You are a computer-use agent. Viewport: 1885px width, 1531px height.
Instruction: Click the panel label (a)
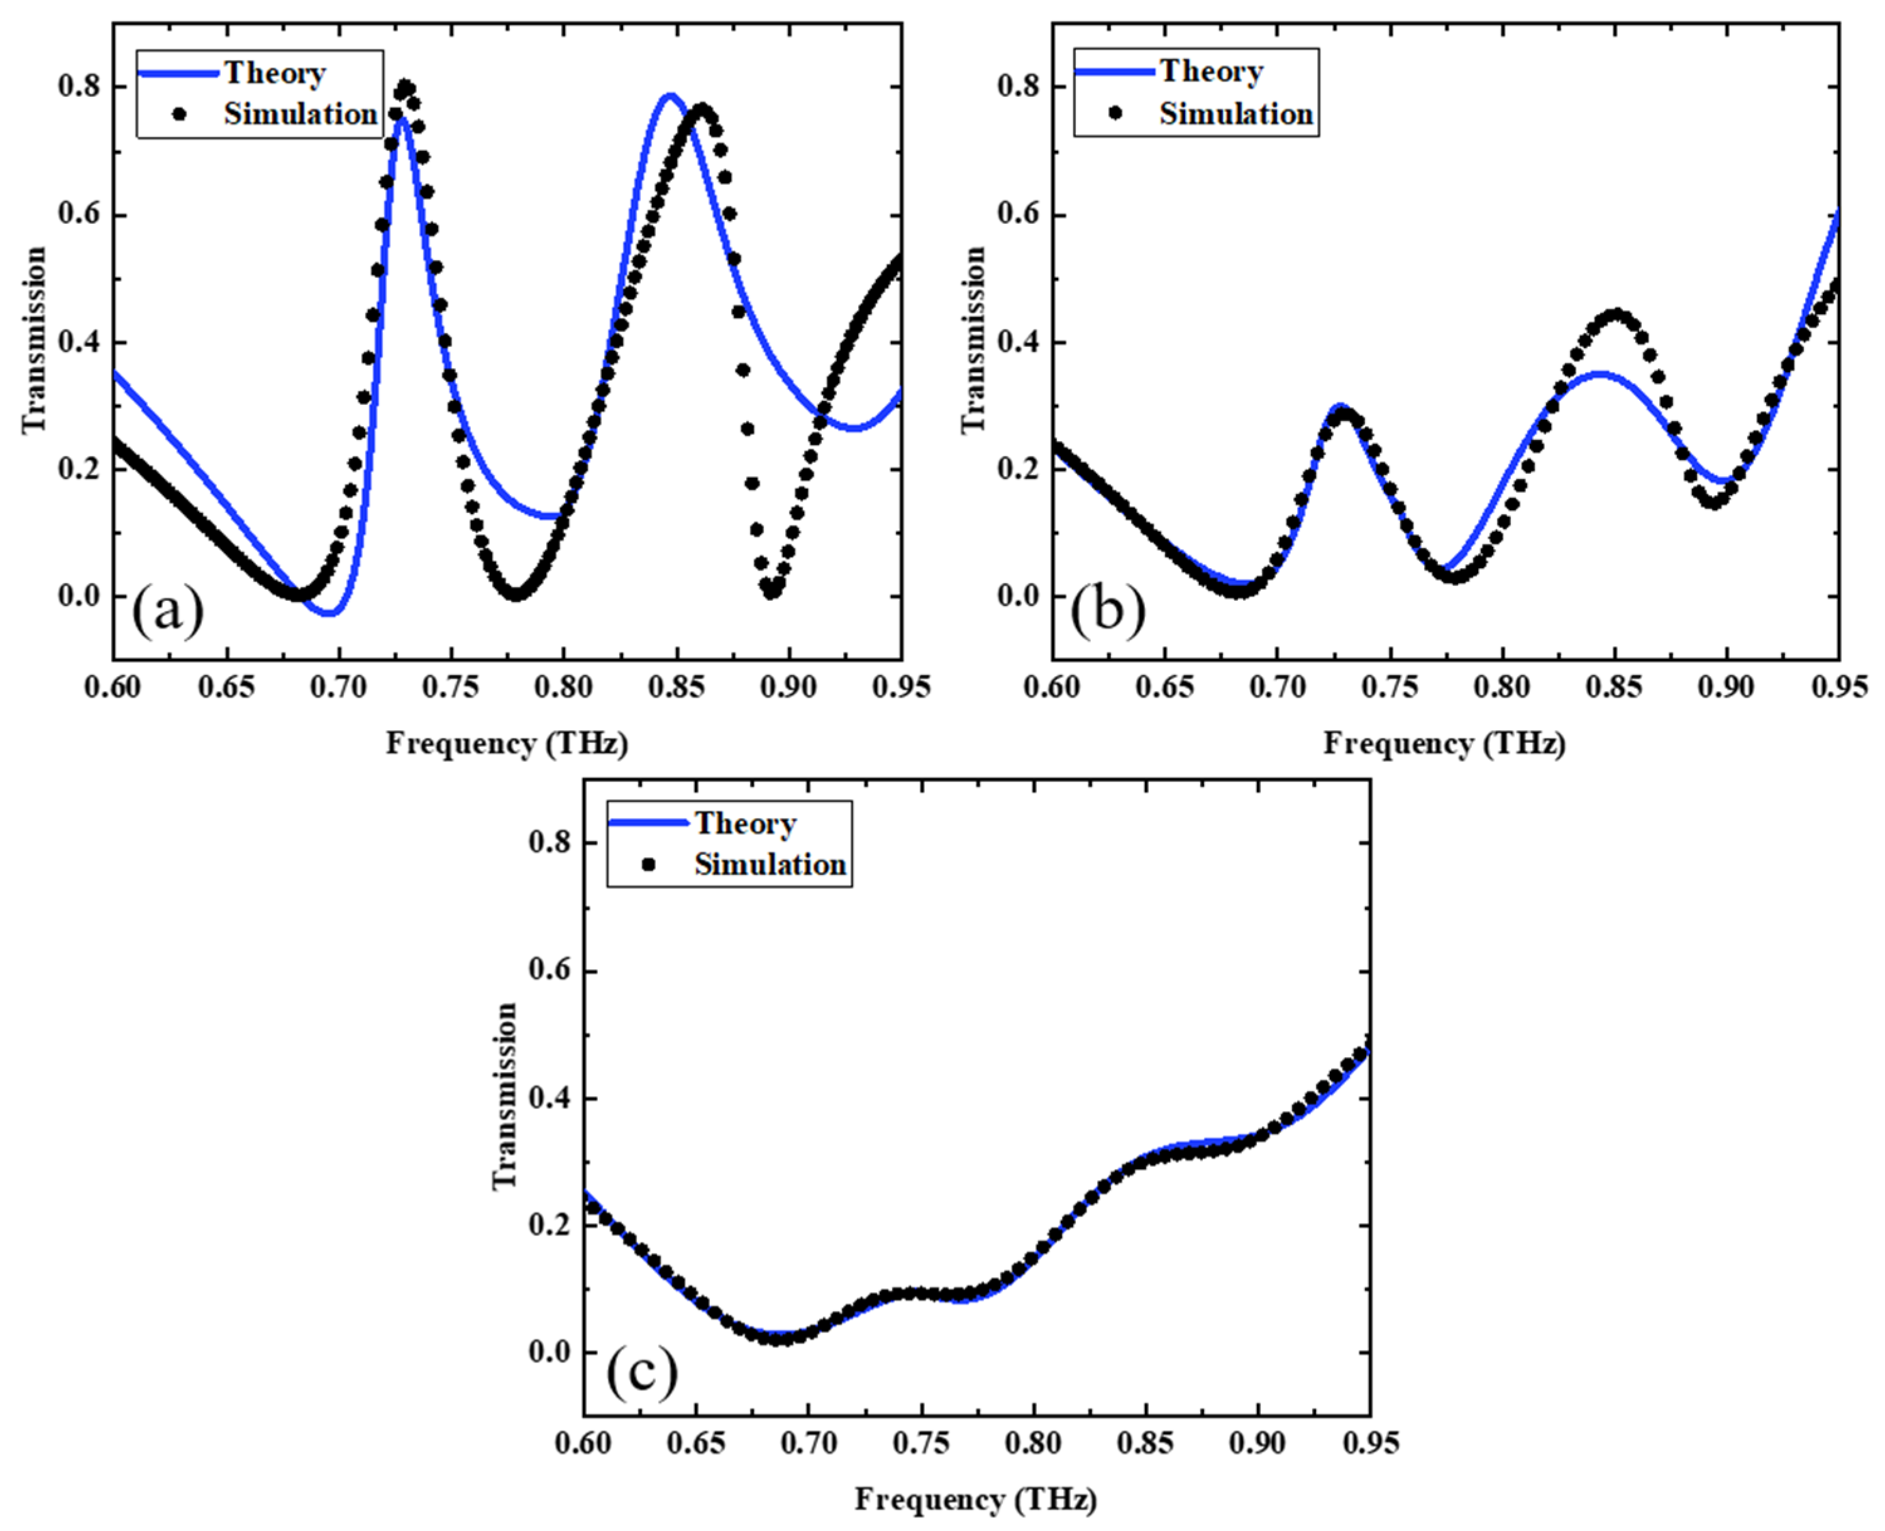(168, 610)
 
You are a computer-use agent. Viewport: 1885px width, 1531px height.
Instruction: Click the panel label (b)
(1107, 610)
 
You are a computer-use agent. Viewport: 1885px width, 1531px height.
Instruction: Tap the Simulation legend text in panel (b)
(1235, 114)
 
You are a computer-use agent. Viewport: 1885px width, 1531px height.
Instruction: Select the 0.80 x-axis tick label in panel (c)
(1033, 1443)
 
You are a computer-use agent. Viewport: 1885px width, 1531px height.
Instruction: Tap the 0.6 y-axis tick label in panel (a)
(79, 214)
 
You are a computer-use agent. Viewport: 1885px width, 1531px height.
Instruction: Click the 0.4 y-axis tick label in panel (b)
(1019, 341)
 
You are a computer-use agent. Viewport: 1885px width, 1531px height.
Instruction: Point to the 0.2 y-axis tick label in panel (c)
(550, 1225)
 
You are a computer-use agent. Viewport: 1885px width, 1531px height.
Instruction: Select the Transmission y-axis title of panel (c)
(504, 1095)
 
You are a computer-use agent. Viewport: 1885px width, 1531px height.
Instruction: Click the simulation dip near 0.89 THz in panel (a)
(772, 589)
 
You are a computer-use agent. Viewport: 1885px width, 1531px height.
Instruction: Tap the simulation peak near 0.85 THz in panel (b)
(1616, 315)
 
